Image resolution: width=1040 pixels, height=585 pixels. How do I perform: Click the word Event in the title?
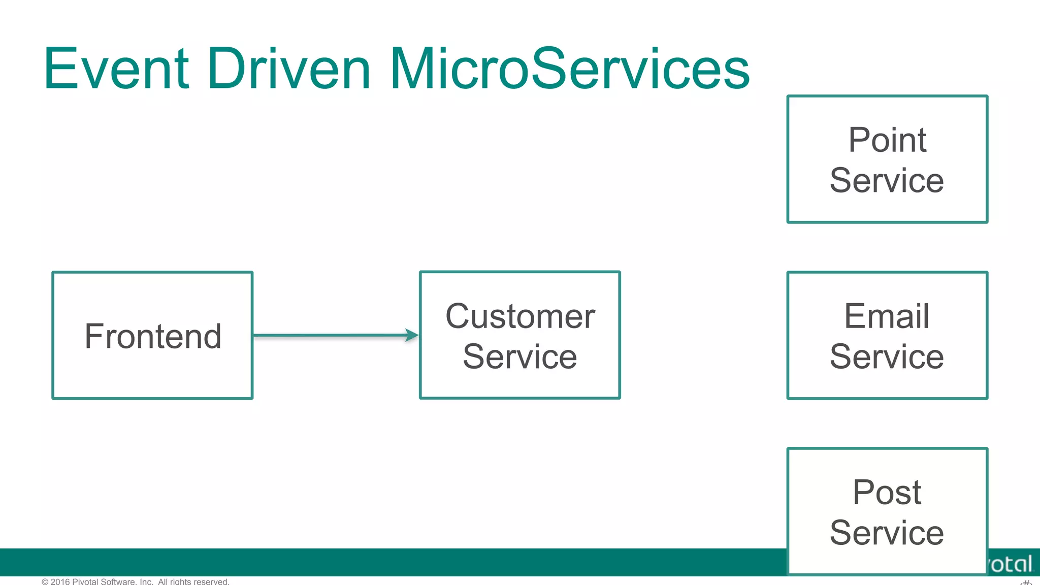(116, 69)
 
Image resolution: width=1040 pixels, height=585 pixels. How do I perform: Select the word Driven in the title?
(288, 69)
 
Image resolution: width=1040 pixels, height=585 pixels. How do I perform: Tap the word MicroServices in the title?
(569, 69)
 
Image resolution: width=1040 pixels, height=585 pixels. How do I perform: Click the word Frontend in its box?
(153, 336)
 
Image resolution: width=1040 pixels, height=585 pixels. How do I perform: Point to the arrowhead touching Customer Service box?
(412, 335)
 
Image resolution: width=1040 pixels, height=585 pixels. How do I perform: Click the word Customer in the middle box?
(520, 316)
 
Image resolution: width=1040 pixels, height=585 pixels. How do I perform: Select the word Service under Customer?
(520, 356)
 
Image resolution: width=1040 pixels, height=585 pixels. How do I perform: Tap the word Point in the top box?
(887, 140)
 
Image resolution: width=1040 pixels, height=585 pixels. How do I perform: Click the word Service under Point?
(887, 180)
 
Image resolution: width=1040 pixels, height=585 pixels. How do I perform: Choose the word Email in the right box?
(887, 316)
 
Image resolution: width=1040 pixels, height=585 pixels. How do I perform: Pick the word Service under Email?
(887, 356)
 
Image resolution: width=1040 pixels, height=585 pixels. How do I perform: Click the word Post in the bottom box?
(887, 492)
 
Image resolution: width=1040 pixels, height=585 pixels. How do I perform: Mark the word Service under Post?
(887, 533)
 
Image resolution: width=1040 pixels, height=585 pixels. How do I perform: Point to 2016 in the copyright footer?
(60, 581)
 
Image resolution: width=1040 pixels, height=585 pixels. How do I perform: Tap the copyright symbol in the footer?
(45, 581)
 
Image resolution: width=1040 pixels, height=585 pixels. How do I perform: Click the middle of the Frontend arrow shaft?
(330, 335)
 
